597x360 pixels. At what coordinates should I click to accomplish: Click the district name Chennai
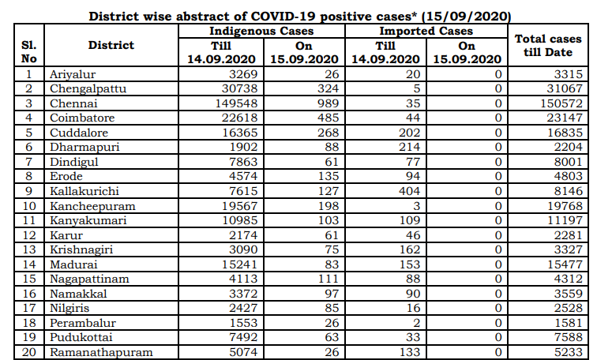73,103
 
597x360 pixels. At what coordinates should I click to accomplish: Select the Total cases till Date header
547,45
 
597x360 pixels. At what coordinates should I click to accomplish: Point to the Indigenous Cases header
261,31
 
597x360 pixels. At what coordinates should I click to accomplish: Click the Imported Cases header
426,31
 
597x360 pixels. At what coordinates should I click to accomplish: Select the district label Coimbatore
81,118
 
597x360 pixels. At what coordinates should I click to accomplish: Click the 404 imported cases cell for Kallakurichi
407,190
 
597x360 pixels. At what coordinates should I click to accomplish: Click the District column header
111,45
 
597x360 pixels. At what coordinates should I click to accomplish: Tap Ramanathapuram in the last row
101,352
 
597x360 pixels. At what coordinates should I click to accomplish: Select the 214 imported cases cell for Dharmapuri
407,147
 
